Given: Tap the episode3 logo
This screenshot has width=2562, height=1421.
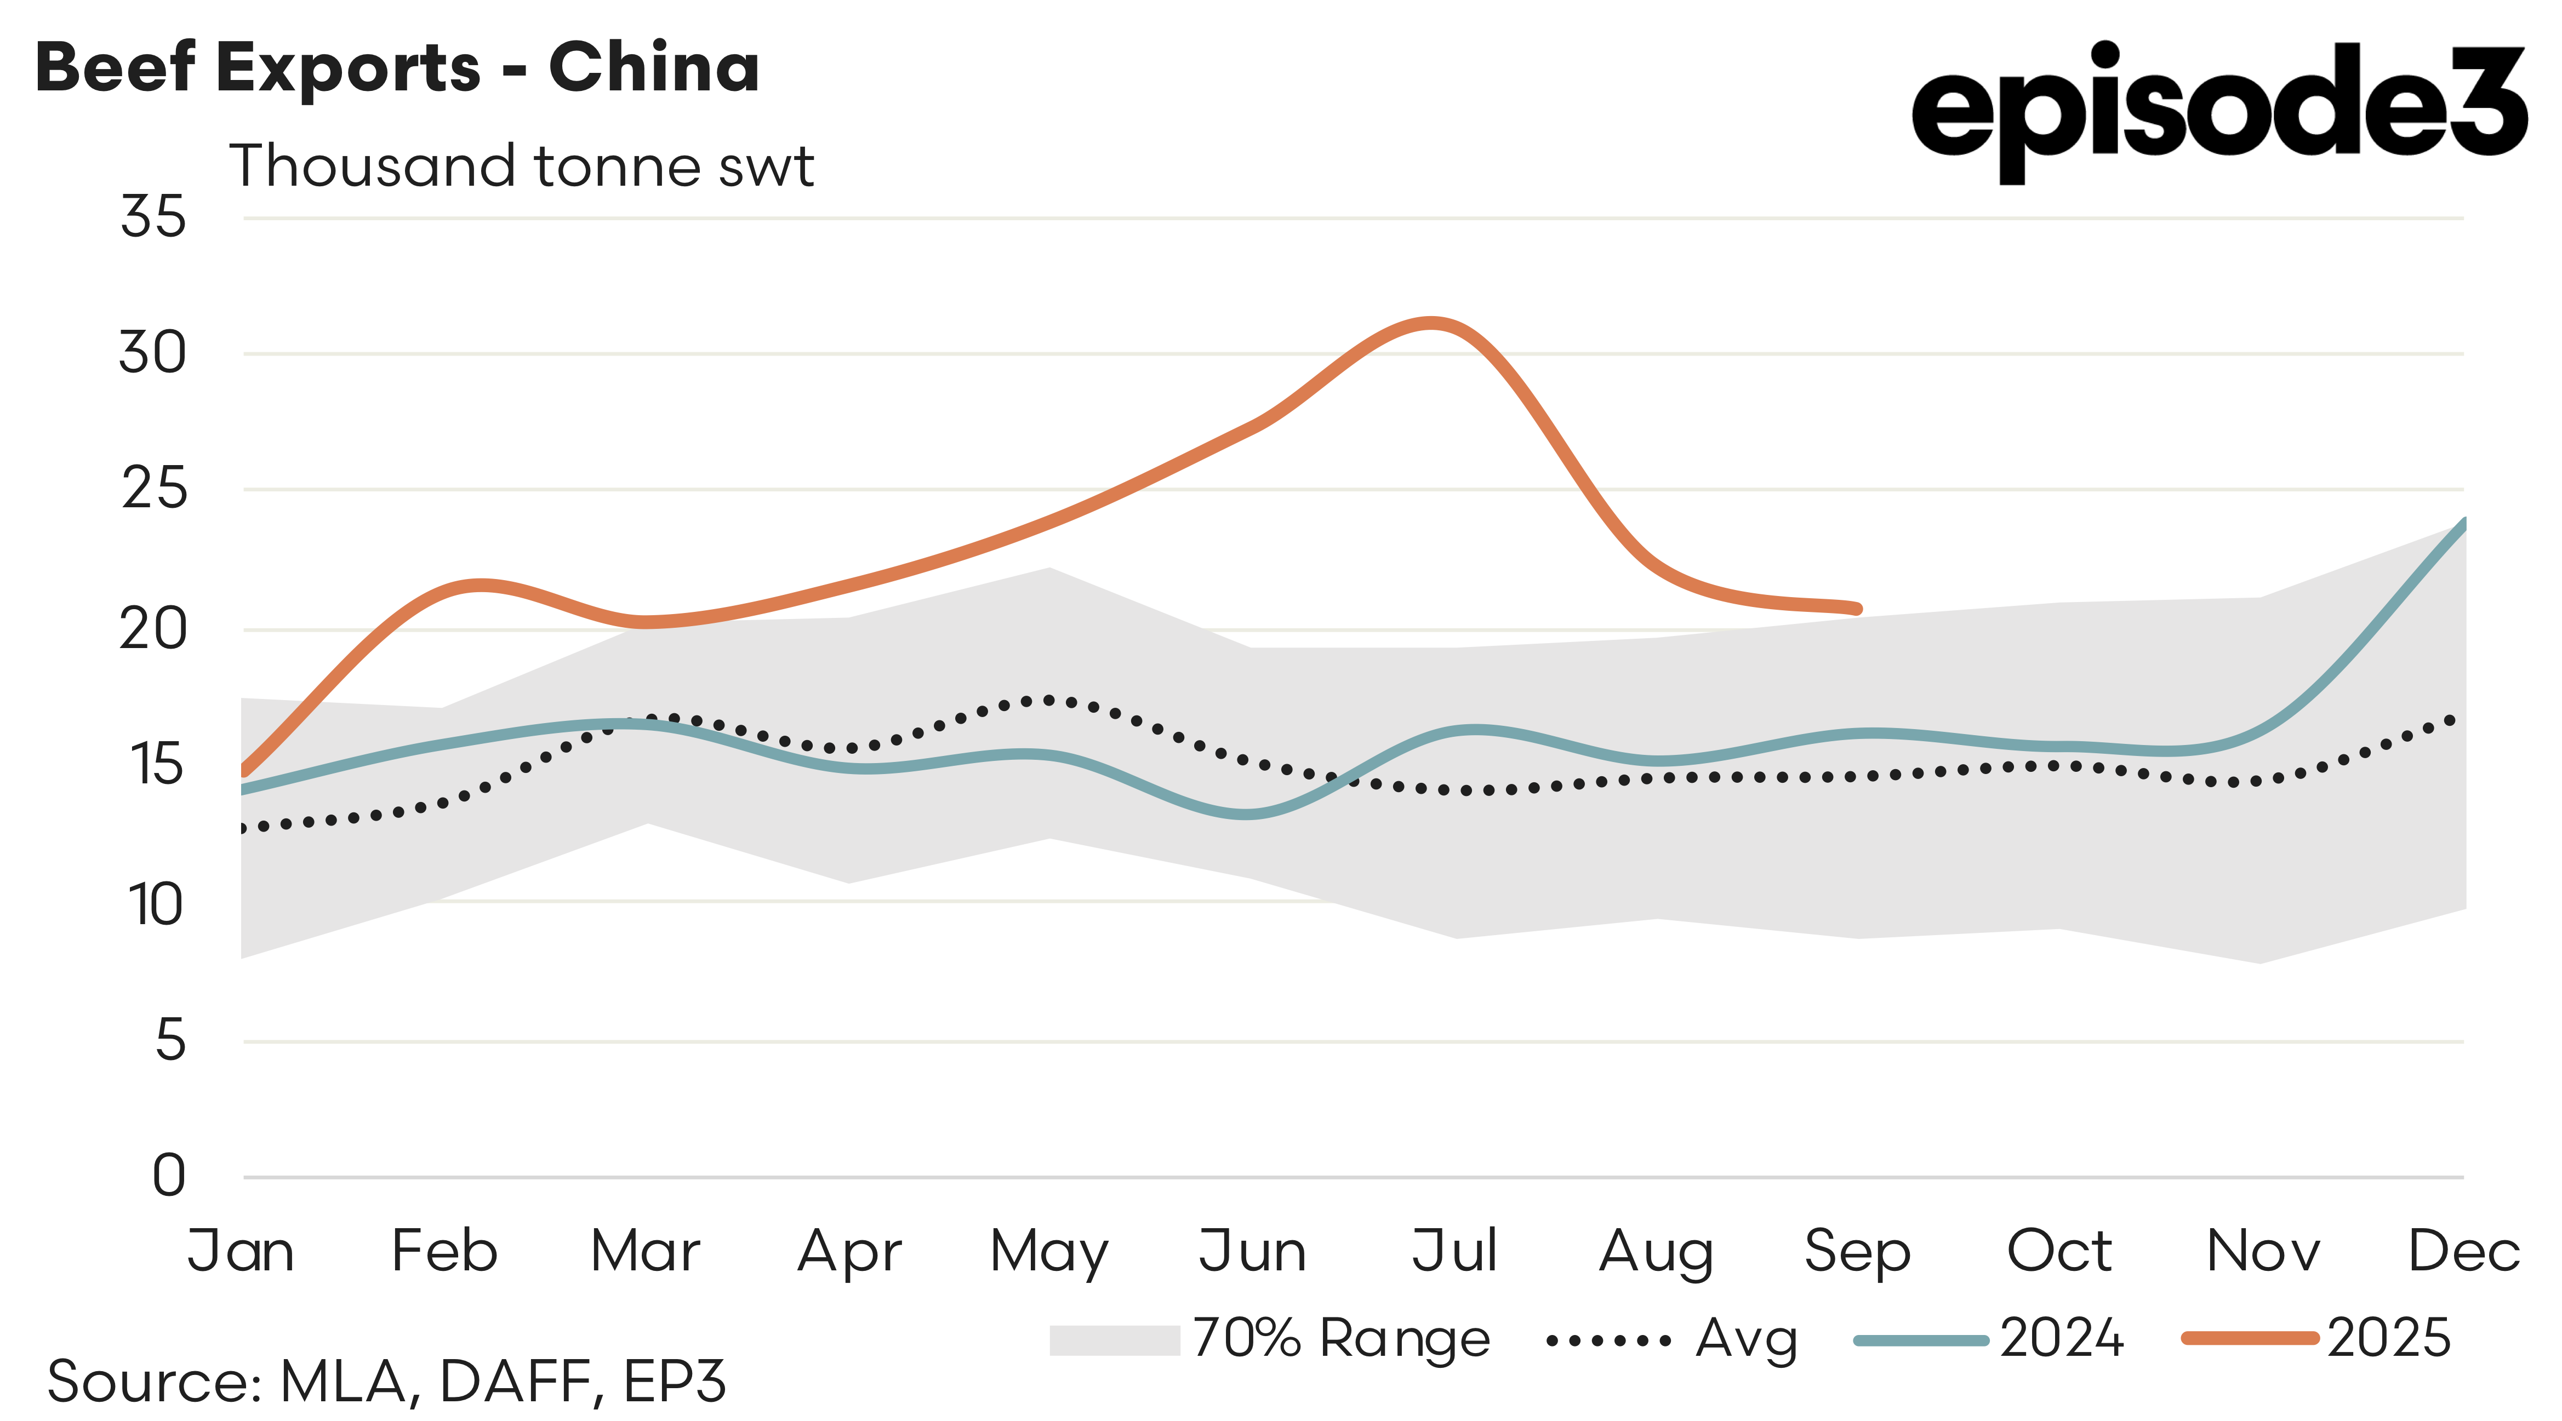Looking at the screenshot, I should point(2218,110).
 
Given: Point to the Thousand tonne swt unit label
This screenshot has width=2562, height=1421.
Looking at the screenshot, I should point(521,166).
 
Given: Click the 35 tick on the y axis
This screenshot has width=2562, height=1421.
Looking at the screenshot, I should point(153,217).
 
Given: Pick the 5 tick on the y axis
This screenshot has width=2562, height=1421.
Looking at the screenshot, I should point(170,1041).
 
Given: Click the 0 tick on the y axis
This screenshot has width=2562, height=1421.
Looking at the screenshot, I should point(169,1176).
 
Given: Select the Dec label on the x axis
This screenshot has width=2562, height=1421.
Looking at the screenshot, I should point(2463,1251).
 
